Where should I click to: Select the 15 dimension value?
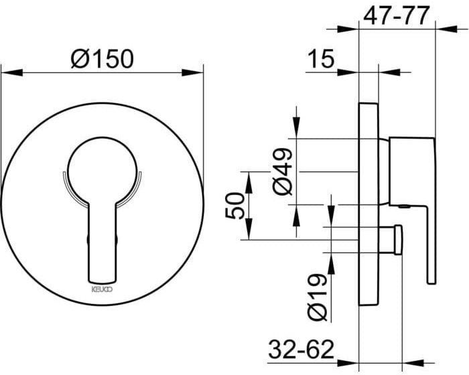320,59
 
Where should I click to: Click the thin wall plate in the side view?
368,201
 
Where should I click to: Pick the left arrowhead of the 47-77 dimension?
352,27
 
